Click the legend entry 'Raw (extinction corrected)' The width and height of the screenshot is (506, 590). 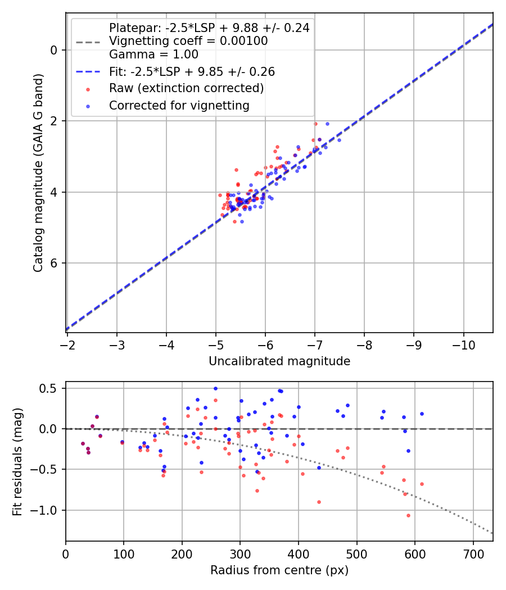coord(186,88)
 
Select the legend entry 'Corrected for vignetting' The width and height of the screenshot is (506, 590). coord(179,105)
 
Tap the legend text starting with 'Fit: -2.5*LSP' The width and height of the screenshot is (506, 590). coord(192,72)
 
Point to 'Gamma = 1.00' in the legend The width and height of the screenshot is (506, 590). coord(153,55)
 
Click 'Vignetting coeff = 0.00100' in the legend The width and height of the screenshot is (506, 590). coord(188,41)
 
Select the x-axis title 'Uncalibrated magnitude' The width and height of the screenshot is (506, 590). coord(279,361)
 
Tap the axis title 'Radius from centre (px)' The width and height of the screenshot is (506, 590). coord(279,570)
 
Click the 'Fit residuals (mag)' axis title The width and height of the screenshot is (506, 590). coord(17,461)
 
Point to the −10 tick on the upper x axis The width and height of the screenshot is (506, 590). coord(463,343)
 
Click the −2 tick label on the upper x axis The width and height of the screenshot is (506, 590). coord(67,343)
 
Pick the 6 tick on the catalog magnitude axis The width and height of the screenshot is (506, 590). coord(53,263)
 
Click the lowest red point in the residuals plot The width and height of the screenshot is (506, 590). coord(330,515)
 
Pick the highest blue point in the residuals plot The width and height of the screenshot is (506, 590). coord(215,388)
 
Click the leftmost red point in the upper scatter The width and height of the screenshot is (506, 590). coord(220,195)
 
